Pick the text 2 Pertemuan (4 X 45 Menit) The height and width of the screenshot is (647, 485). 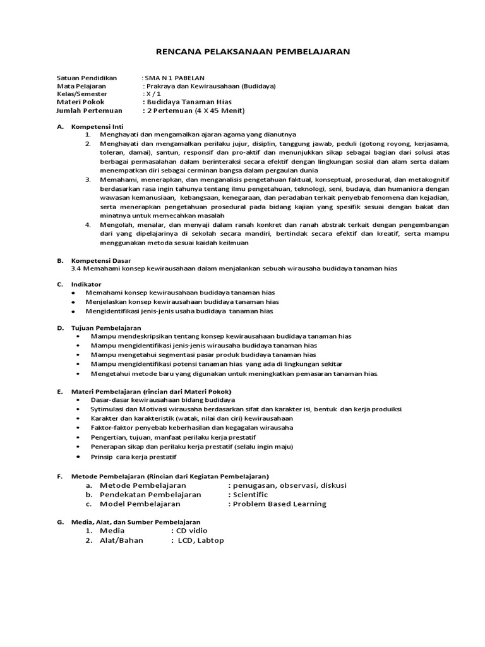coord(195,111)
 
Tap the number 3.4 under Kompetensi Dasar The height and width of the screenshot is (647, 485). coord(78,268)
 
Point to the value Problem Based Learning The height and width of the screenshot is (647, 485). coord(279,504)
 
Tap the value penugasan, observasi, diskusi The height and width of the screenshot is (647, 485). coord(289,485)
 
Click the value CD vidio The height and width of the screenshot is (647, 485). coord(192,531)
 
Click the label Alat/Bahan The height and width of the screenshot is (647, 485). coord(121,540)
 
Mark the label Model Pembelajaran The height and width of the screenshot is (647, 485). coord(140,504)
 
